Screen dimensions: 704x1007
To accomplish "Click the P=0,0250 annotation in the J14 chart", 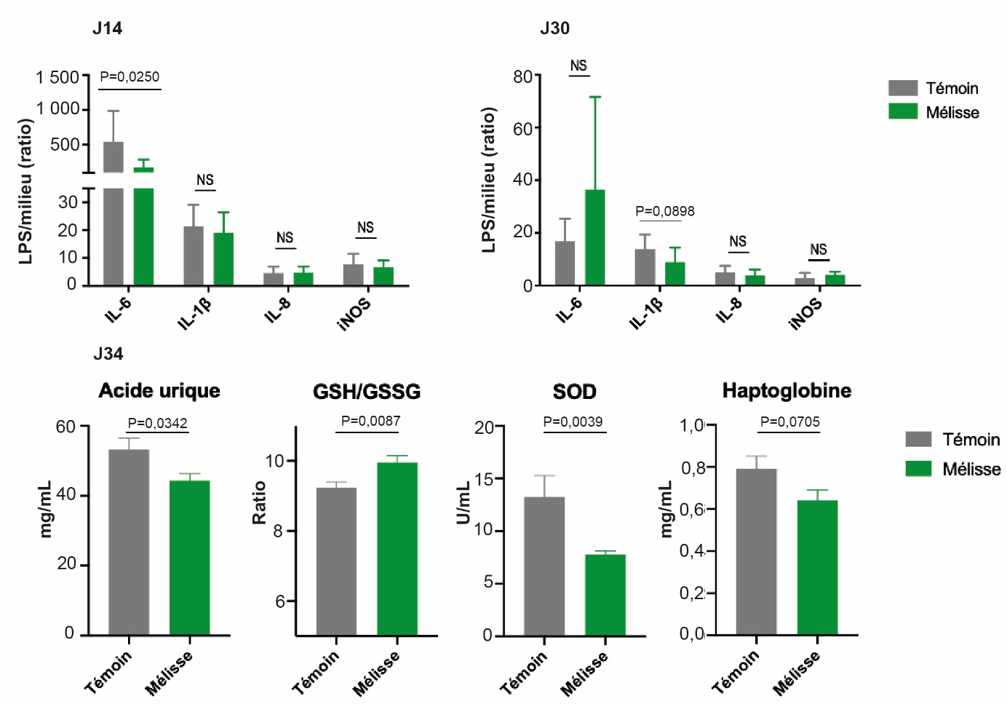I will (x=130, y=76).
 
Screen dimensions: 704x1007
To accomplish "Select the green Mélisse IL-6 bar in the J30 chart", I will (x=594, y=237).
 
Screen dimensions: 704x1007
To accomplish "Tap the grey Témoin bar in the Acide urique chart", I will (x=129, y=542).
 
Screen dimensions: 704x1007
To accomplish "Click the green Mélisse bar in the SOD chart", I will (x=605, y=595).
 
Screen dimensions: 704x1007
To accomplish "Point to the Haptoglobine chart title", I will (x=787, y=391).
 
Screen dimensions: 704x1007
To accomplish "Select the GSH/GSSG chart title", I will (x=367, y=392).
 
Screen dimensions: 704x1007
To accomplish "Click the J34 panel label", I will (x=108, y=354).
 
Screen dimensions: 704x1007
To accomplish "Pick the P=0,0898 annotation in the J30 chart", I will (x=665, y=211).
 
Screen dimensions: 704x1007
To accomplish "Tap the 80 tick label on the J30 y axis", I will (x=522, y=76).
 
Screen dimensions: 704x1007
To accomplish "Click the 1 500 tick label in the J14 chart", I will (x=57, y=77).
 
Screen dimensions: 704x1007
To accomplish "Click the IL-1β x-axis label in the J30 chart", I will (x=647, y=313).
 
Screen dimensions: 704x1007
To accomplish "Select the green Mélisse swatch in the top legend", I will (x=903, y=111).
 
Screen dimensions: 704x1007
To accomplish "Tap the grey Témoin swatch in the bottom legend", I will (x=918, y=439).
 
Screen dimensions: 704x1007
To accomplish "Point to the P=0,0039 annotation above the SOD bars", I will (x=573, y=422).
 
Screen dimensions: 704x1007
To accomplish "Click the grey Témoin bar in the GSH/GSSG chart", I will (x=336, y=561).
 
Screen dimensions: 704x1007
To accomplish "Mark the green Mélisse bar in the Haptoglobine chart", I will (x=817, y=567).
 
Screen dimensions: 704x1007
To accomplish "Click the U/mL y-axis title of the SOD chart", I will (x=463, y=503).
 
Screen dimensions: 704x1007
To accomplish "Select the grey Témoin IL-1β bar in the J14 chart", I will (x=194, y=256).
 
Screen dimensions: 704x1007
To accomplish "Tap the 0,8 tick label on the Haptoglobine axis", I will (x=692, y=467).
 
